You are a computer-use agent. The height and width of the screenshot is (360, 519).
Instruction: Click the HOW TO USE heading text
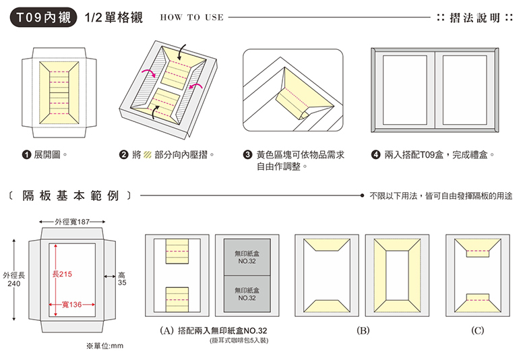[191, 18]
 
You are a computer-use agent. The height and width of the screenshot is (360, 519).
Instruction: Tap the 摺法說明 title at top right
[472, 18]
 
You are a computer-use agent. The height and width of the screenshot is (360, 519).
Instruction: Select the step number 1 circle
[28, 154]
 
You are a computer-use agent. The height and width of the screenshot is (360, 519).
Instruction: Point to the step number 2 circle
[124, 154]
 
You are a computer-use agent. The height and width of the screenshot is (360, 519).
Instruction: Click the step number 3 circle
[247, 154]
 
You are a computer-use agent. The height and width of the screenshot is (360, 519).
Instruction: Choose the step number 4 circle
[375, 154]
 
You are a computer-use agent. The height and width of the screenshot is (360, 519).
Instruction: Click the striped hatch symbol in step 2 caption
[147, 154]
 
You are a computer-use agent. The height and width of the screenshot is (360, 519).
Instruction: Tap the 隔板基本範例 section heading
[71, 196]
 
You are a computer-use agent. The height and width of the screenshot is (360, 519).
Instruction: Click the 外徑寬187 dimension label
[73, 221]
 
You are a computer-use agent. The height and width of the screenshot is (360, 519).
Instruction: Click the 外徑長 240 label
[13, 279]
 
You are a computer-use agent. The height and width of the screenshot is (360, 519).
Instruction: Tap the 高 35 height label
[122, 279]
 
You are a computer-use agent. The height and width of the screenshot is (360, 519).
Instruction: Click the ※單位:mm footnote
[105, 346]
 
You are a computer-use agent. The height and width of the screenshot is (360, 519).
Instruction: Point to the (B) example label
[363, 331]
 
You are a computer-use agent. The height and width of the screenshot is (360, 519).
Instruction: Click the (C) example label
[478, 331]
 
